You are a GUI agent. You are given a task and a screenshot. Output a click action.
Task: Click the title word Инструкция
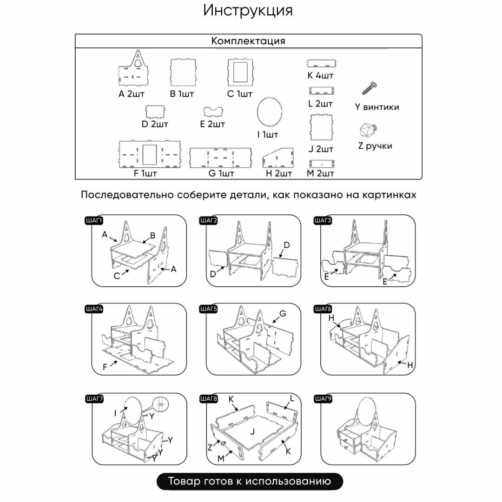pos(248,11)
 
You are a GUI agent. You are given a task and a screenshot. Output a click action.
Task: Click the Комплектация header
pos(248,41)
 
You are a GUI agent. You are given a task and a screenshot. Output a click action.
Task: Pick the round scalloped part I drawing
pos(269,112)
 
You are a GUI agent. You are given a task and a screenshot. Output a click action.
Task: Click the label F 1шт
pos(145,174)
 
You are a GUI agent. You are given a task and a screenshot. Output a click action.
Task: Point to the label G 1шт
pos(221,174)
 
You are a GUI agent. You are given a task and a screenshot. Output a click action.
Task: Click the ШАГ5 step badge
pos(209,309)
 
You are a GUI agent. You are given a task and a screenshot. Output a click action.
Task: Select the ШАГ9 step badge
pos(323,399)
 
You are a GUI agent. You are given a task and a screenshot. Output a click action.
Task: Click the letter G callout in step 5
pos(282,314)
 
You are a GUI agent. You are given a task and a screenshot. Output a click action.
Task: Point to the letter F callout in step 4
pos(106,367)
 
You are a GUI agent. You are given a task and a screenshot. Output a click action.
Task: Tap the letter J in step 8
pos(252,432)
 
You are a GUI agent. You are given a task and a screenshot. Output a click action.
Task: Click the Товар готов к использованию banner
pos(250,481)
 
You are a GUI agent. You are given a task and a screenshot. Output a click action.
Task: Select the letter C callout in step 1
pos(117,276)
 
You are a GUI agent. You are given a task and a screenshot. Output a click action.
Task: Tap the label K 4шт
pos(321,75)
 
